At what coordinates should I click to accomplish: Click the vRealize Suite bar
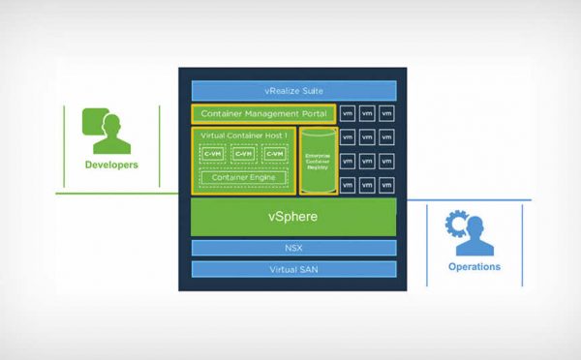289,91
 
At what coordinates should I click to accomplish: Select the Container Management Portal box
263,114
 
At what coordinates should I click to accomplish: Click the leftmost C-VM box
213,153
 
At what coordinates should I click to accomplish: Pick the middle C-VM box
244,153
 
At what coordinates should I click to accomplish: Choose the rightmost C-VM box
274,153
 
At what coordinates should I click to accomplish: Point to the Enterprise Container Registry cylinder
318,159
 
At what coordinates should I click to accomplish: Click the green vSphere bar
292,217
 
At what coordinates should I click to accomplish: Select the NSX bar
292,248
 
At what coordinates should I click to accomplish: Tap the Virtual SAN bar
292,269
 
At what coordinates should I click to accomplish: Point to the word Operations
474,267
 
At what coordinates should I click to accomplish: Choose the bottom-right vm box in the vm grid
386,184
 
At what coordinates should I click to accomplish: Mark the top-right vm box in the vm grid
386,113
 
